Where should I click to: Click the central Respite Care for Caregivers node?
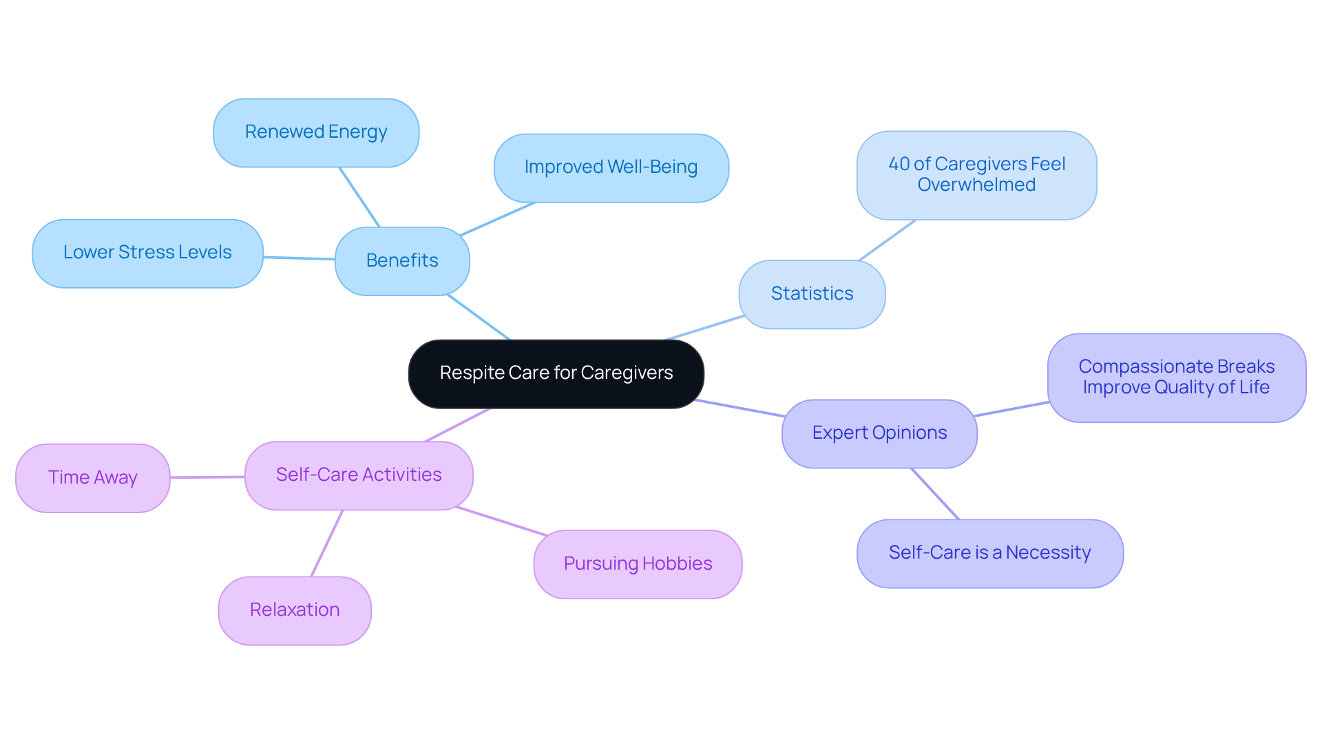point(556,373)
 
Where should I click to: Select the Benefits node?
point(402,261)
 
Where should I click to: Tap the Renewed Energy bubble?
point(316,132)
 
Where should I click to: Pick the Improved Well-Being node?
point(611,167)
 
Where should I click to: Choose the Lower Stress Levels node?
point(147,253)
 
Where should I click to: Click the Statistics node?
point(812,294)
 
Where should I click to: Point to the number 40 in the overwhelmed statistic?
point(899,164)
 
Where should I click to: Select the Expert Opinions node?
point(879,433)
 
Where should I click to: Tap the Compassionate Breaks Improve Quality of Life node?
point(1176,377)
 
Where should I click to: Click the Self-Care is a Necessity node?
point(989,553)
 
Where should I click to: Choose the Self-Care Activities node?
point(359,475)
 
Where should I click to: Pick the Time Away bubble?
point(93,478)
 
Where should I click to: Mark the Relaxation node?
point(295,610)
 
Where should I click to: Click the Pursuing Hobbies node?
point(638,564)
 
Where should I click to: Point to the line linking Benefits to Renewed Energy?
point(359,197)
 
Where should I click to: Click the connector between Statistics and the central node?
point(704,328)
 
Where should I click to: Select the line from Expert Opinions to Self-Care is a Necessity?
point(935,494)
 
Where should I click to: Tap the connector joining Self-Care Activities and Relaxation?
point(327,543)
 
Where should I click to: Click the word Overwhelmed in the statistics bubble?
point(976,185)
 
